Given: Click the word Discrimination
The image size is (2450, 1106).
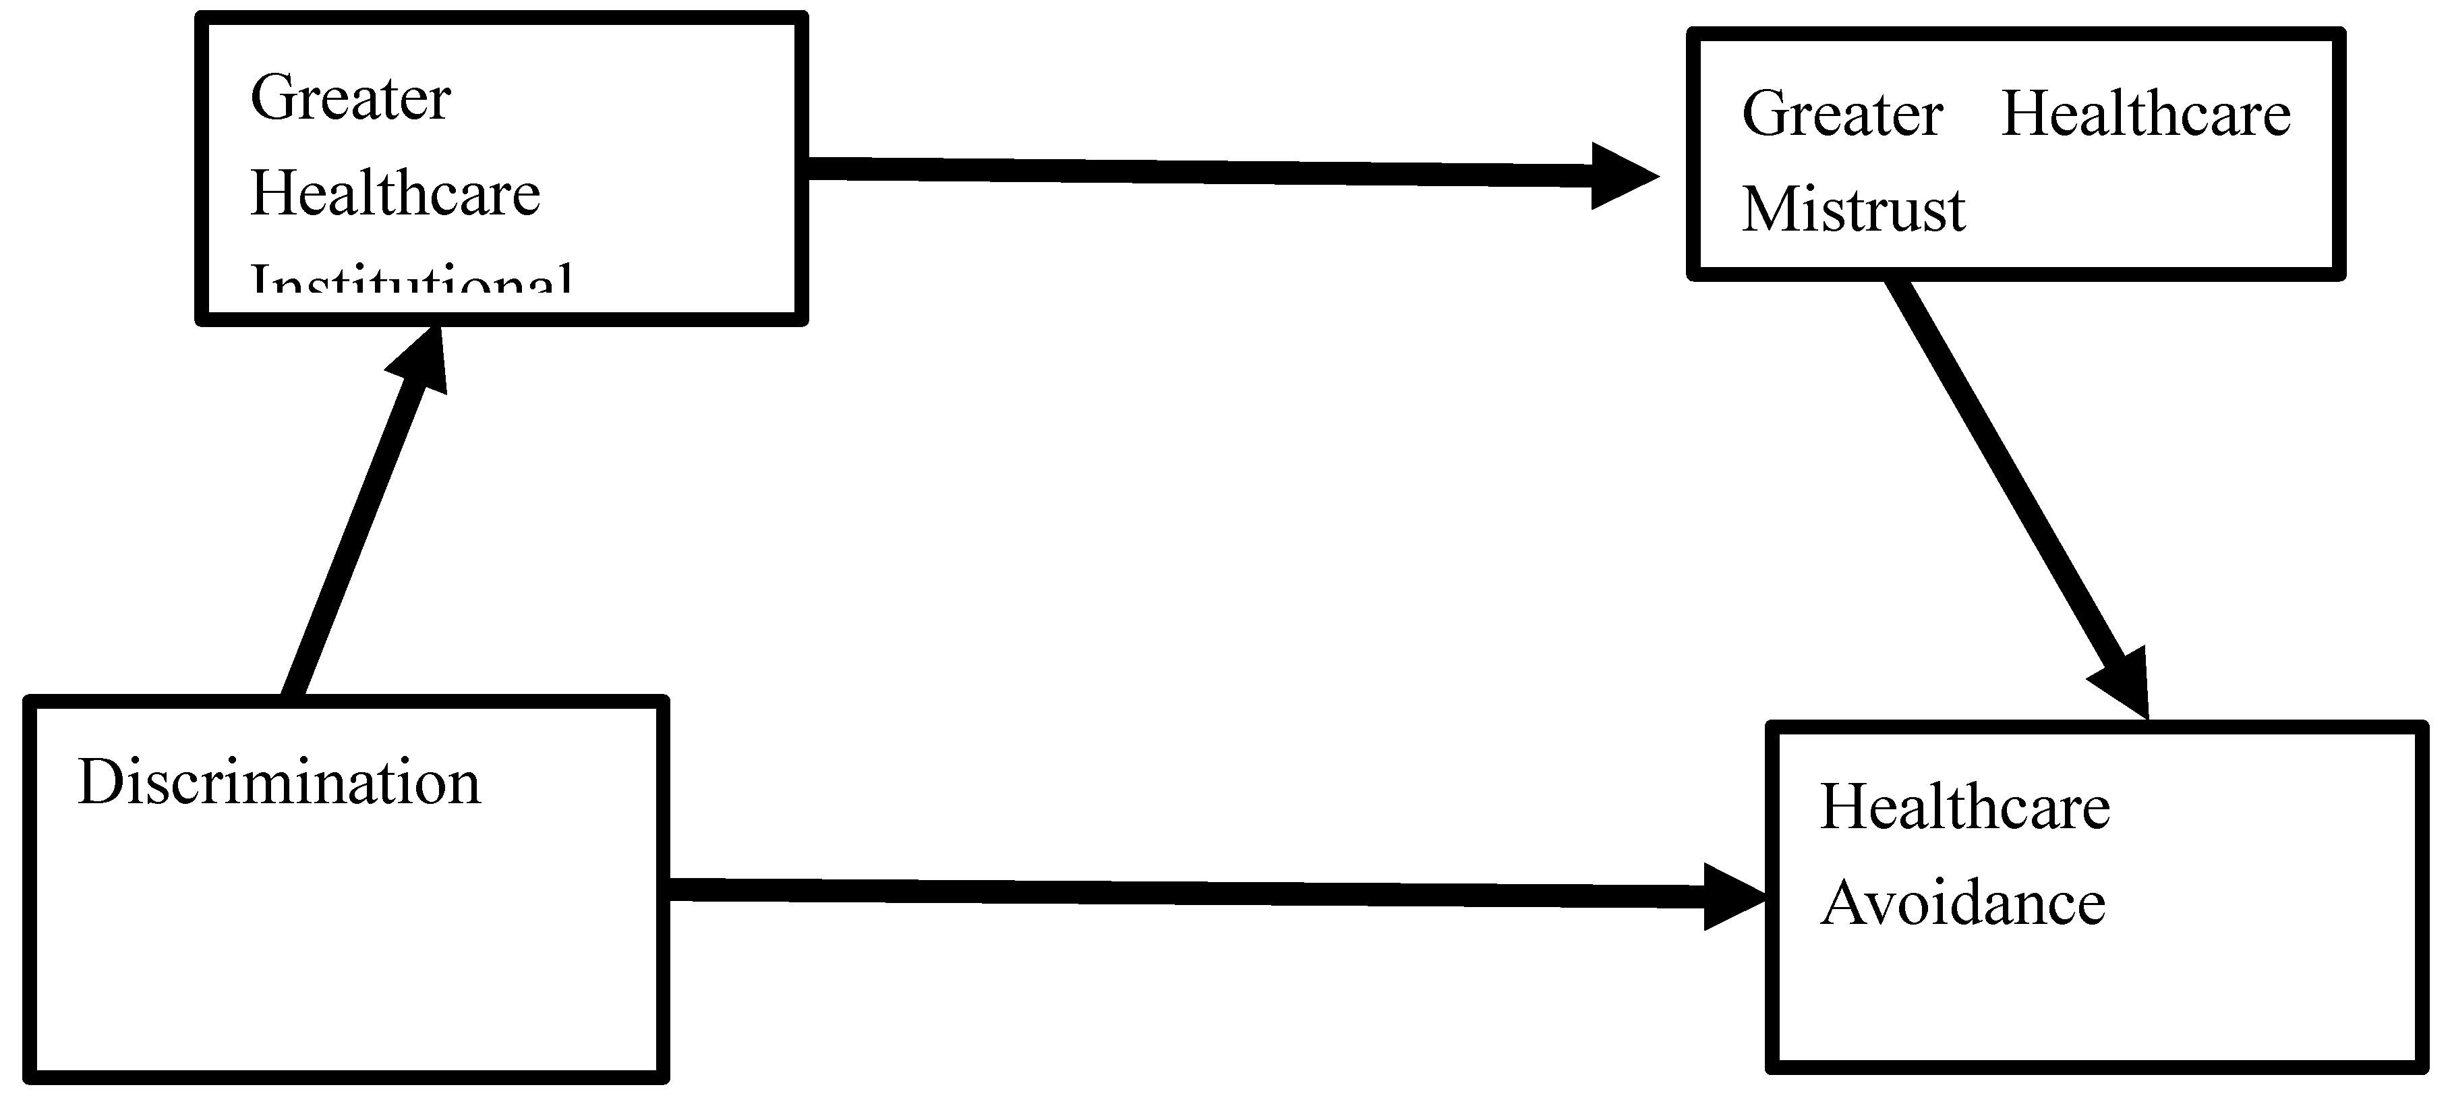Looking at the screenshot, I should (x=279, y=783).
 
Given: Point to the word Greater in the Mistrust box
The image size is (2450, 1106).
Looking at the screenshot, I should (x=1842, y=114).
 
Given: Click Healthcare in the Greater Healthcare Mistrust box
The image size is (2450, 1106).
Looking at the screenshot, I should (x=2146, y=114).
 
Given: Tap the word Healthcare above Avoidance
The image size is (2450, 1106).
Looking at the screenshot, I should (x=1965, y=807).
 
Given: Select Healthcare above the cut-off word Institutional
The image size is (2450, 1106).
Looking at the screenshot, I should (x=395, y=194).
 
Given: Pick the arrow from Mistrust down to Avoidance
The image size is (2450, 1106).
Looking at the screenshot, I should (x=2007, y=475).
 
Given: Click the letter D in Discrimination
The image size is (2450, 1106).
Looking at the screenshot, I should (x=98, y=783).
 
